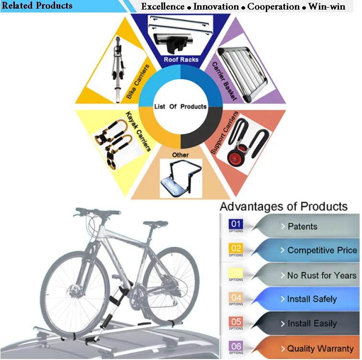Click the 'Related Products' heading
click(37, 6)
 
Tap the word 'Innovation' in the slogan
click(216, 7)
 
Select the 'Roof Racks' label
click(181, 60)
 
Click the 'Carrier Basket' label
click(224, 81)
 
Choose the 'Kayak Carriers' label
click(138, 131)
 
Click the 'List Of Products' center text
click(181, 106)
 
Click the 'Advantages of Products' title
click(283, 207)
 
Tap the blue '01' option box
click(237, 224)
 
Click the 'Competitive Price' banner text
click(322, 250)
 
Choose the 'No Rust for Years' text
click(321, 275)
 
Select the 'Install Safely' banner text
click(312, 299)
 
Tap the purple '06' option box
click(237, 347)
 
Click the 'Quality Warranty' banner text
click(320, 348)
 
